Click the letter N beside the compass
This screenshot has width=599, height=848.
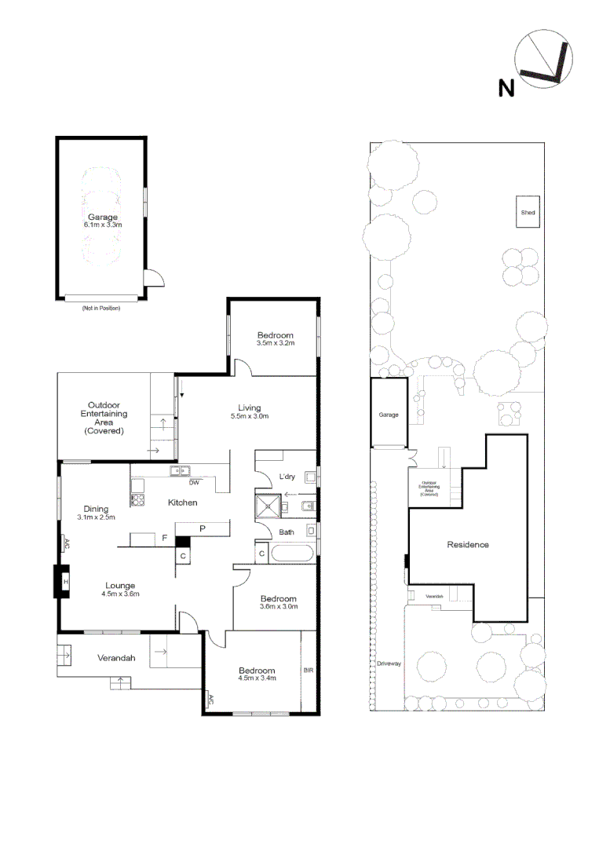tap(507, 88)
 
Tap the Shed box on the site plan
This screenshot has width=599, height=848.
tap(528, 212)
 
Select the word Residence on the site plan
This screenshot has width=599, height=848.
tap(468, 544)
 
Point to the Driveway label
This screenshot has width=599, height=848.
tap(389, 663)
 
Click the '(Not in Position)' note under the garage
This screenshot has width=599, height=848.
tap(100, 308)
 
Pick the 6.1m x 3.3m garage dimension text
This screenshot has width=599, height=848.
tap(103, 225)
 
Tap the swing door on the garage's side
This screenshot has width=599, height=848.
tap(154, 278)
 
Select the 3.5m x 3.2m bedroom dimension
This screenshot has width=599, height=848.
tap(275, 342)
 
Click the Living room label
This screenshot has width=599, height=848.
tap(250, 408)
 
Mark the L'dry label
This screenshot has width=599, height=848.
tap(287, 477)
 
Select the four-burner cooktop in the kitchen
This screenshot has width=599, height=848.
tap(138, 499)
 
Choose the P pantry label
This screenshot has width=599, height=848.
tap(202, 529)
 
